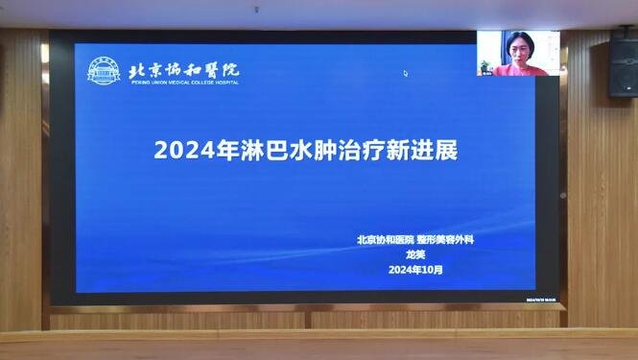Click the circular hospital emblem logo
(x=105, y=71)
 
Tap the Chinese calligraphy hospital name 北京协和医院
(x=184, y=68)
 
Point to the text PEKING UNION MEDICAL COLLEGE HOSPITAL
(x=183, y=83)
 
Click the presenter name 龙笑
(x=415, y=254)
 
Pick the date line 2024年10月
(x=415, y=270)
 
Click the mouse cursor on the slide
(x=405, y=73)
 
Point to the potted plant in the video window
(x=485, y=65)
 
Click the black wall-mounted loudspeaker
(x=623, y=64)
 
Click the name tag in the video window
(x=485, y=73)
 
